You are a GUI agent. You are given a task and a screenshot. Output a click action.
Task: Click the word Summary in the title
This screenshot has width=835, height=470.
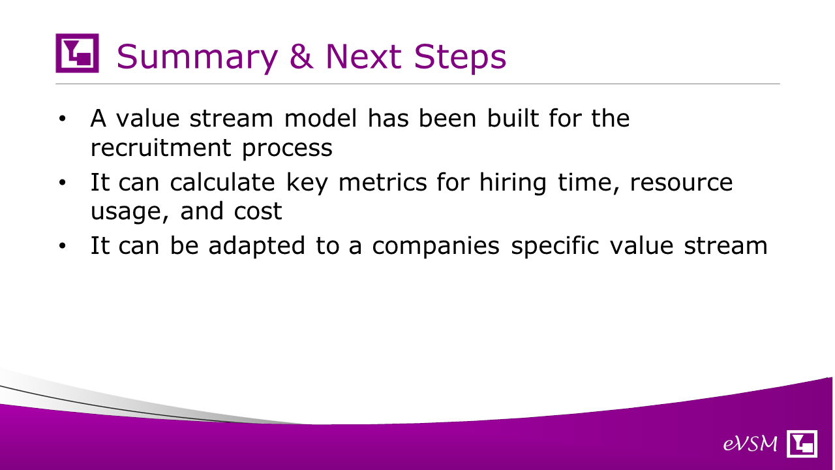pyautogui.click(x=197, y=57)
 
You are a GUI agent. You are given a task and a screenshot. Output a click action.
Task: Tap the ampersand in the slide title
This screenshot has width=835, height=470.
pyautogui.click(x=301, y=56)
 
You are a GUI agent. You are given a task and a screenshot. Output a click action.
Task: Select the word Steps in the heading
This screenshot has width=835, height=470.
pyautogui.click(x=460, y=57)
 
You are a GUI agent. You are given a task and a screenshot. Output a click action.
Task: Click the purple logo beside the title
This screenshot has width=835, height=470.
pyautogui.click(x=77, y=53)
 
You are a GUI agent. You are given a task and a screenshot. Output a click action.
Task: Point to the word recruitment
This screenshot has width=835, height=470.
pyautogui.click(x=161, y=148)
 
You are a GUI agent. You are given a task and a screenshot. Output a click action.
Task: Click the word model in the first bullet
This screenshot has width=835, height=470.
pyautogui.click(x=321, y=118)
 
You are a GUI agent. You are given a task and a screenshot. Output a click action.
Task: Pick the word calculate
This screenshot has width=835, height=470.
pyautogui.click(x=222, y=182)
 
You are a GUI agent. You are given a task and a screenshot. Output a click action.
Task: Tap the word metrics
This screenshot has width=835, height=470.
pyautogui.click(x=382, y=182)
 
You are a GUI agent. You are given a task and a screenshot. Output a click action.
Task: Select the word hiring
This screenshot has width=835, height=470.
pyautogui.click(x=513, y=183)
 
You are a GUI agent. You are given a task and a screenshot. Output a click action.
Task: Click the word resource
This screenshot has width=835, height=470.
pyautogui.click(x=682, y=183)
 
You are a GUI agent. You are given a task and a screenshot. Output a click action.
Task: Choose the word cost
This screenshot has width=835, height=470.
pyautogui.click(x=258, y=211)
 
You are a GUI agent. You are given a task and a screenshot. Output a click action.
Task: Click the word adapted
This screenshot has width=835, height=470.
pyautogui.click(x=257, y=247)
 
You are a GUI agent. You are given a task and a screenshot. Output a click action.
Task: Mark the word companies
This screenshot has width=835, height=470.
pyautogui.click(x=436, y=247)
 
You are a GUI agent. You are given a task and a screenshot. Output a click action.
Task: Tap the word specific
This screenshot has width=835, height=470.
pyautogui.click(x=554, y=247)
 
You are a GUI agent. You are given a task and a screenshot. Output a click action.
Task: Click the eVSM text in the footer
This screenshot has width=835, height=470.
pyautogui.click(x=750, y=443)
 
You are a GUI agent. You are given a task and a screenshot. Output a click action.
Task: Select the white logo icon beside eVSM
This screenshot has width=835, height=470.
pyautogui.click(x=802, y=443)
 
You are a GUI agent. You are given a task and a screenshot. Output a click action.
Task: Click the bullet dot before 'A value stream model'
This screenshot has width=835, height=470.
pyautogui.click(x=62, y=119)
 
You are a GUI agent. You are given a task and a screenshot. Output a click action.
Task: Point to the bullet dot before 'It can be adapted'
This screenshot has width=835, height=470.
pyautogui.click(x=62, y=246)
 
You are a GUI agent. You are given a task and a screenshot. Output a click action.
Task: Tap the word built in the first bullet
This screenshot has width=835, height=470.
pyautogui.click(x=513, y=118)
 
